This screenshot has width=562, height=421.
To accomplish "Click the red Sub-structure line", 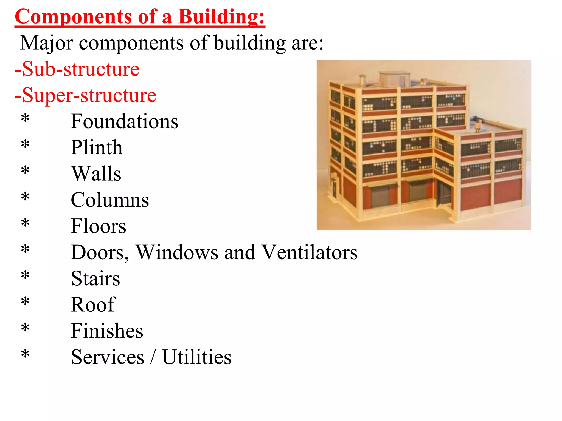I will tap(77, 69).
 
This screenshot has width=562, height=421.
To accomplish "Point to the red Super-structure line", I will tap(85, 95).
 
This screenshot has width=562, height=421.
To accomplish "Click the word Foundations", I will tap(124, 121).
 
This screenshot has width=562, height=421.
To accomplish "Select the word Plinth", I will tap(96, 147).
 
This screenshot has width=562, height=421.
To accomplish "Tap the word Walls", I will tap(96, 173).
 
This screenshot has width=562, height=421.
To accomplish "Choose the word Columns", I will tap(110, 200).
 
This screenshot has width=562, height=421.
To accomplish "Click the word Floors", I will tap(98, 226).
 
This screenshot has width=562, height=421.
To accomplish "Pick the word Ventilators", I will tap(309, 252).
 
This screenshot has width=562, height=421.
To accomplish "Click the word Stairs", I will tap(95, 278).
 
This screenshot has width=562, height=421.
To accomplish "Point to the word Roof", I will tap(93, 305).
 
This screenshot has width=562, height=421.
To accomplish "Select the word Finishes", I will tap(107, 331).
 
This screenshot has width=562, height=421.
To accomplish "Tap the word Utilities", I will tap(197, 357).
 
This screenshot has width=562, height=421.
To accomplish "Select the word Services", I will tap(107, 357).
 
